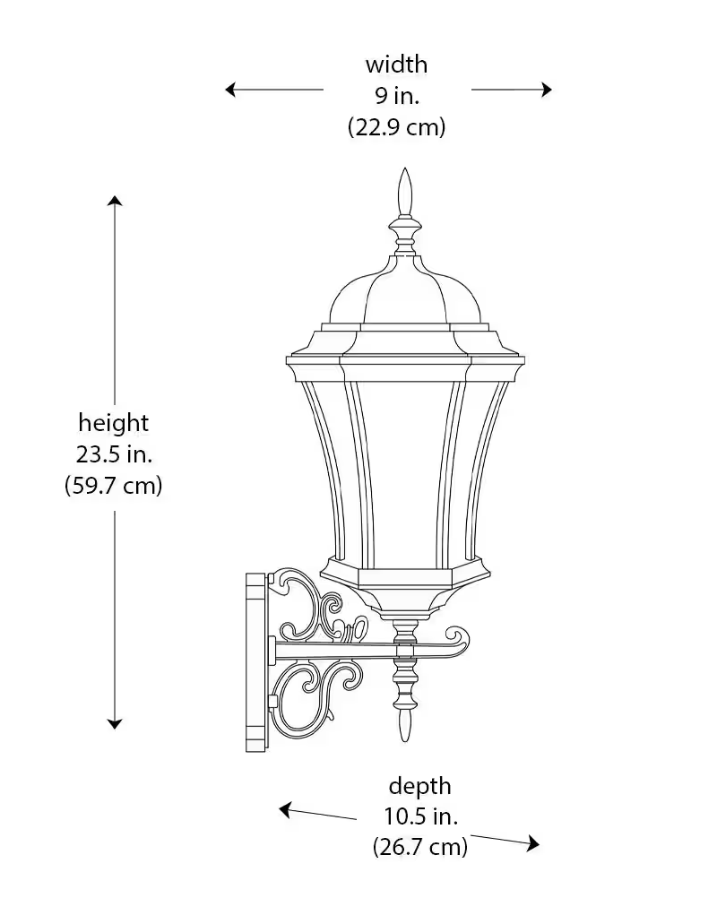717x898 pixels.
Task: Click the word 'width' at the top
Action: [x=396, y=65]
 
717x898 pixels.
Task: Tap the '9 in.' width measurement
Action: [x=396, y=96]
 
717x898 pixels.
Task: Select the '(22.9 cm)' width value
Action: [x=396, y=127]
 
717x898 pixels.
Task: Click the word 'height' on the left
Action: [x=114, y=422]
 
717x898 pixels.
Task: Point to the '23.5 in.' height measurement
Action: [x=114, y=453]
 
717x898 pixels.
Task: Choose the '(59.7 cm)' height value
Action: [x=114, y=486]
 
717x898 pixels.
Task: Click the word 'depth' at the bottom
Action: [x=419, y=786]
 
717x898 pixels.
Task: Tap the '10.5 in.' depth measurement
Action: [x=419, y=816]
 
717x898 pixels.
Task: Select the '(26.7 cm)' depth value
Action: [x=419, y=847]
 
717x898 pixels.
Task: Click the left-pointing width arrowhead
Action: [x=231, y=90]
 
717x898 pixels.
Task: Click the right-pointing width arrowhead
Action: [x=546, y=90]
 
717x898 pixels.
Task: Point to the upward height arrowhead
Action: [x=115, y=200]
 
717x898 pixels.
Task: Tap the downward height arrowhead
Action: [x=115, y=722]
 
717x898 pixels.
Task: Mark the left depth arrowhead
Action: [x=286, y=810]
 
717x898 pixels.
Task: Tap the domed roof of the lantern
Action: [x=405, y=291]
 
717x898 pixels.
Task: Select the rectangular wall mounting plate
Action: [x=256, y=661]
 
